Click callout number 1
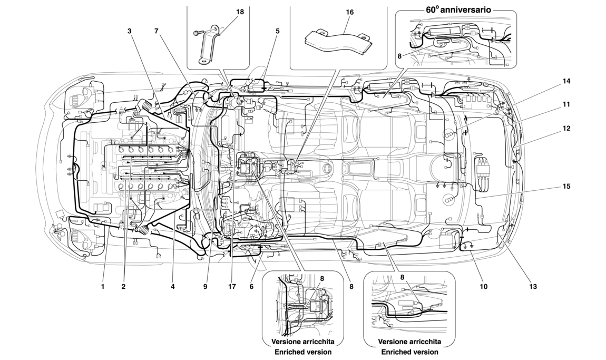click(x=103, y=287)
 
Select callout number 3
click(x=129, y=31)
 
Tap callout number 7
click(x=157, y=31)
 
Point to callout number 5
click(x=277, y=31)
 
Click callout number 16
click(x=350, y=12)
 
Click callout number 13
click(x=533, y=287)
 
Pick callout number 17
click(x=230, y=287)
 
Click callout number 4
click(x=172, y=287)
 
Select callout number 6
click(x=251, y=287)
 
